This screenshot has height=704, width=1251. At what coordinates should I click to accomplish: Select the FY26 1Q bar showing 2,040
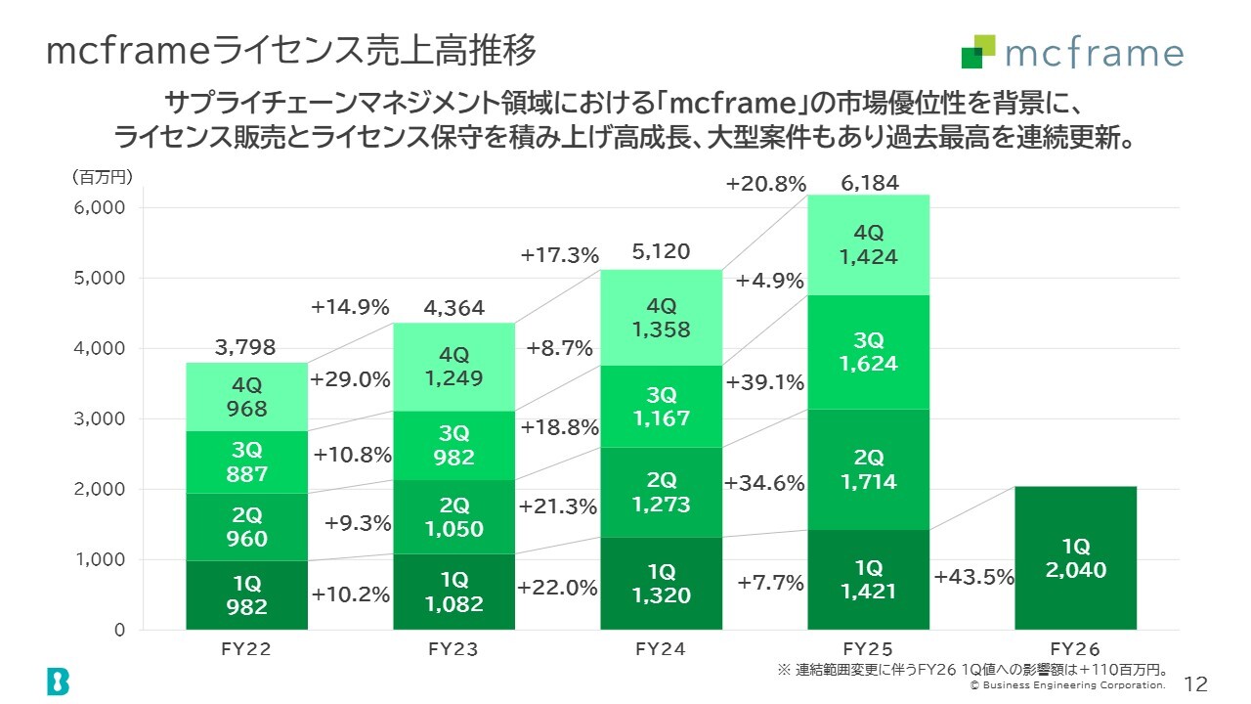(x=1076, y=557)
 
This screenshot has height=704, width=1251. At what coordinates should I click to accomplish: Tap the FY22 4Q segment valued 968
(x=247, y=397)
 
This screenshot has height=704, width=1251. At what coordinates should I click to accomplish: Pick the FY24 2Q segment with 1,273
(x=662, y=492)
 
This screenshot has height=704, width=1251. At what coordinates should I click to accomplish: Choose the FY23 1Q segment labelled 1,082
(x=454, y=592)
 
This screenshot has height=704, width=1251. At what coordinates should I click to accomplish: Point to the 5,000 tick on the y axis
(x=100, y=278)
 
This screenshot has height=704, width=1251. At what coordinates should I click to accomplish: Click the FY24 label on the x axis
(x=661, y=649)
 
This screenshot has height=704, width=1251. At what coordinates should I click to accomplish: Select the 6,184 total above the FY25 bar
(x=870, y=183)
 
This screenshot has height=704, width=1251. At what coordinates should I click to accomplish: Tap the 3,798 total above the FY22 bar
(x=245, y=347)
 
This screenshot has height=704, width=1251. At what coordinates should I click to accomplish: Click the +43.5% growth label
(x=974, y=577)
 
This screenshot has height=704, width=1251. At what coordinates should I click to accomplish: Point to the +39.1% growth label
(x=765, y=382)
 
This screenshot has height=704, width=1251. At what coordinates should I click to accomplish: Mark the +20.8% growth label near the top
(x=766, y=184)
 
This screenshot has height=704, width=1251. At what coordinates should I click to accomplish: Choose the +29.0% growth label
(x=350, y=380)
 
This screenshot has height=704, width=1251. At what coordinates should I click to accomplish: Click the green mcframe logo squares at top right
(x=978, y=52)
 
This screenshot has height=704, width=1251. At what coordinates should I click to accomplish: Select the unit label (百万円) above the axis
(x=103, y=177)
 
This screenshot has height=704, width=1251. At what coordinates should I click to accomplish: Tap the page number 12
(x=1195, y=683)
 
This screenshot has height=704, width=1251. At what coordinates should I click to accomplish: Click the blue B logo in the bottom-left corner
(x=58, y=681)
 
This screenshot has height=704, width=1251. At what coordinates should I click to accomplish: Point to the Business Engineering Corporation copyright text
(x=1067, y=685)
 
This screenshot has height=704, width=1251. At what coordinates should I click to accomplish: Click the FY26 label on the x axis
(x=1075, y=649)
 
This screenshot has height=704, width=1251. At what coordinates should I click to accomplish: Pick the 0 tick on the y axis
(x=119, y=630)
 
